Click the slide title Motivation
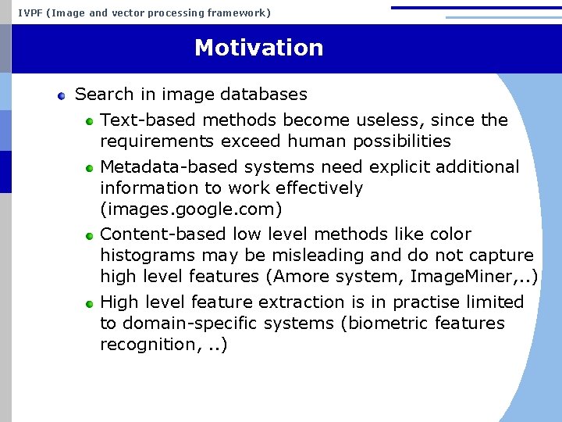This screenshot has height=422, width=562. [258, 48]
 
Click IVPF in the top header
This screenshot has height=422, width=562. [30, 13]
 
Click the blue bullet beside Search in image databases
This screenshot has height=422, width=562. [62, 96]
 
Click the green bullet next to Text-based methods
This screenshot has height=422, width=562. [90, 121]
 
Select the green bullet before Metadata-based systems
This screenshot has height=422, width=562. [90, 168]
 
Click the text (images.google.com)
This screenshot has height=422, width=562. [191, 209]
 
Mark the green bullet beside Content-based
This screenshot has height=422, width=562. [90, 235]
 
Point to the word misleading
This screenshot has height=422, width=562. [313, 256]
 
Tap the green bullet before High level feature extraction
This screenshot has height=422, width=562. [90, 303]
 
